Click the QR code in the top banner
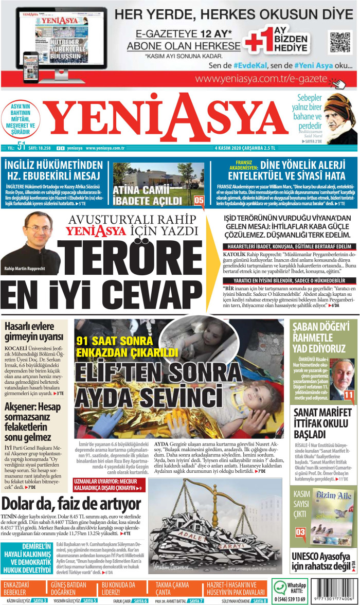pyautogui.click(x=338, y=42)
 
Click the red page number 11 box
pyautogui.click(x=349, y=395)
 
